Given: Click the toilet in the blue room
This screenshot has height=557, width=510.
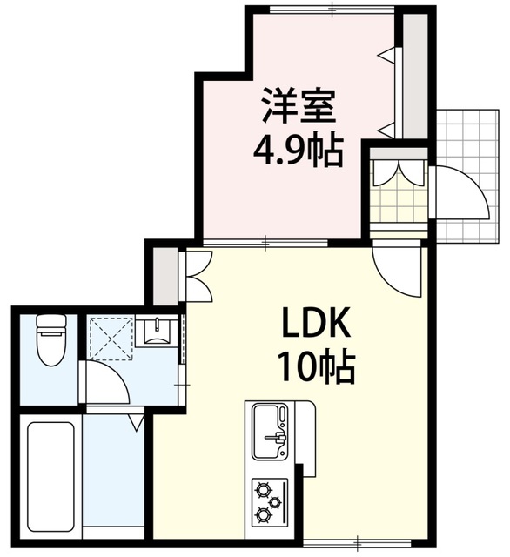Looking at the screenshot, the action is tap(51, 339).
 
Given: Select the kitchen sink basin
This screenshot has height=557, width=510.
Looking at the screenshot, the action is tap(270, 431).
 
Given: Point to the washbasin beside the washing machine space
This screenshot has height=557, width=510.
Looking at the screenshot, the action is tap(157, 332).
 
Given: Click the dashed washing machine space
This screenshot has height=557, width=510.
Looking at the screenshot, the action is tap(111, 338).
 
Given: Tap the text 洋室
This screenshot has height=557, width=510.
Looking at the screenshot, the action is tap(299, 105).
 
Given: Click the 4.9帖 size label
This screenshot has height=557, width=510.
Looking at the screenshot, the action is tap(298, 151).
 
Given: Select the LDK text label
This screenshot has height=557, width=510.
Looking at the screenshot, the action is tap(316, 323).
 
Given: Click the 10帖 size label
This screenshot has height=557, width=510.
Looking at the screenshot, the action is tap(317, 367).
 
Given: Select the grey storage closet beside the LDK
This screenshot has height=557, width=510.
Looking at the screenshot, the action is tap(165, 276).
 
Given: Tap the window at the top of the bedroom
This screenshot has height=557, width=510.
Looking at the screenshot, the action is tap(332, 10).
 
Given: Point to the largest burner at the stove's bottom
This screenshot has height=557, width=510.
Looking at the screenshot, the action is tap(263, 513).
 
